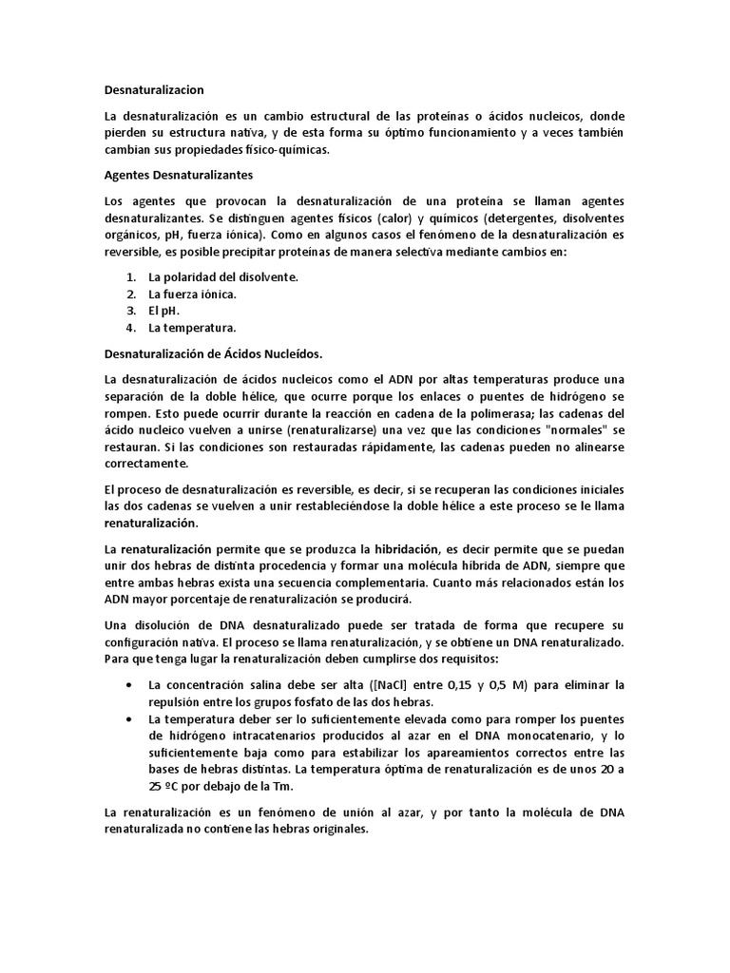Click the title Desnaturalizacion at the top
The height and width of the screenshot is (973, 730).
(153, 89)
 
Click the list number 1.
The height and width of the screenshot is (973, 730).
(131, 277)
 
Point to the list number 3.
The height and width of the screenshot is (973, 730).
(131, 311)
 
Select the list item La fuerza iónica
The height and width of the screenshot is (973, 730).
(192, 294)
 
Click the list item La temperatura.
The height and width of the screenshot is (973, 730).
(192, 328)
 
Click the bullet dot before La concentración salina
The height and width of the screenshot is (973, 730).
(129, 684)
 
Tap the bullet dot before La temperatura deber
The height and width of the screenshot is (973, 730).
(129, 718)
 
